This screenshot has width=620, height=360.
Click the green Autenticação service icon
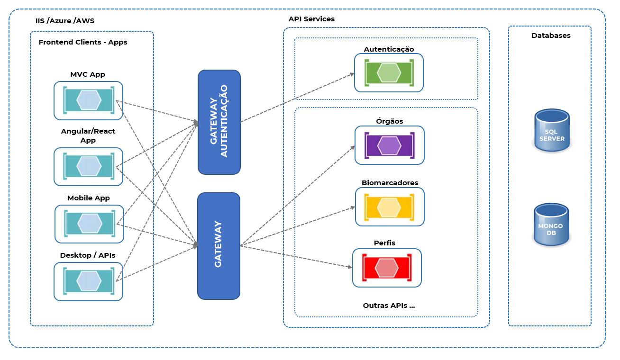click(x=389, y=73)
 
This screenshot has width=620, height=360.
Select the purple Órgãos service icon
click(x=390, y=145)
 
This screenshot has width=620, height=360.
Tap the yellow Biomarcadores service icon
click(x=390, y=207)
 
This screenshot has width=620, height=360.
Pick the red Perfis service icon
click(x=387, y=268)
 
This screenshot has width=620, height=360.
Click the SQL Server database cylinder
click(x=552, y=130)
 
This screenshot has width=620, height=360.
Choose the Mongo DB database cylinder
click(x=551, y=225)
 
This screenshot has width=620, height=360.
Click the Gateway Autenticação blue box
click(x=219, y=122)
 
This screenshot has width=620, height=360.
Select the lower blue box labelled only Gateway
click(x=219, y=246)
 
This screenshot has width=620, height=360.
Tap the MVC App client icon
click(x=88, y=100)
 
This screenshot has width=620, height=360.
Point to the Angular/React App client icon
click(x=88, y=166)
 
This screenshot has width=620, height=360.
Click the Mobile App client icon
click(x=89, y=224)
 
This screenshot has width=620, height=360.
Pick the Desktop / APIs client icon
click(x=88, y=281)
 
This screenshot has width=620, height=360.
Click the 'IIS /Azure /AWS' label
click(x=65, y=21)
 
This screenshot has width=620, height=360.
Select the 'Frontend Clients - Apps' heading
click(x=83, y=42)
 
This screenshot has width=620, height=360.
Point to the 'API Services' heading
click(x=312, y=19)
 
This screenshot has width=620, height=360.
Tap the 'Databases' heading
click(x=551, y=36)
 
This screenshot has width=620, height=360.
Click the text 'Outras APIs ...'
click(x=389, y=306)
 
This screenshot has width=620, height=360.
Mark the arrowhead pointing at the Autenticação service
click(x=352, y=74)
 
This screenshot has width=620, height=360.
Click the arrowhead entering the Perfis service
click(x=350, y=267)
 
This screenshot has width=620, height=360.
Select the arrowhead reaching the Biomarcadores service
click(x=353, y=207)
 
